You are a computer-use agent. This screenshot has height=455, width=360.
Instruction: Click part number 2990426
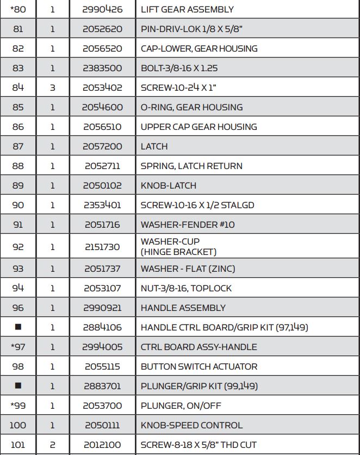(102, 9)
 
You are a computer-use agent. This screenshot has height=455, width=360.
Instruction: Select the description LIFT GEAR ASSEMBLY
(187, 9)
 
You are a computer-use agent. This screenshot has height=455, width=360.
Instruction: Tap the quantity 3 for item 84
(53, 88)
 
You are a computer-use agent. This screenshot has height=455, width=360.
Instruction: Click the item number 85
(18, 107)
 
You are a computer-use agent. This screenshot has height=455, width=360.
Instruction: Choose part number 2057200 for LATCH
(102, 146)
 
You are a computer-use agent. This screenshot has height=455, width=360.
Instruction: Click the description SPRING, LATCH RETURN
(191, 166)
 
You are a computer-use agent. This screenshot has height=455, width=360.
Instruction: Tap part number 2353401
(102, 205)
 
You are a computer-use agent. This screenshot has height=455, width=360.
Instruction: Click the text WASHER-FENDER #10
(188, 225)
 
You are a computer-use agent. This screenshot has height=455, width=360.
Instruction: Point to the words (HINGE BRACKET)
(178, 252)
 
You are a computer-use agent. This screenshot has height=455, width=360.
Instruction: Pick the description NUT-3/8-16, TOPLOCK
(186, 288)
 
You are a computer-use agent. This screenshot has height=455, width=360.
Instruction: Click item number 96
(18, 308)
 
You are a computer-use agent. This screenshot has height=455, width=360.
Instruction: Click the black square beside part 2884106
(18, 327)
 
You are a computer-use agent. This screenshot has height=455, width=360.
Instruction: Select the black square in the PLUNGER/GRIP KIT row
(18, 386)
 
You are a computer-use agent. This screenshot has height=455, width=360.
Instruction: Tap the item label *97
(18, 347)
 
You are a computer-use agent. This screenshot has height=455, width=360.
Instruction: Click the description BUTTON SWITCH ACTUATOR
(199, 366)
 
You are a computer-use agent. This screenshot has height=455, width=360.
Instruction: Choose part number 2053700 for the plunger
(102, 406)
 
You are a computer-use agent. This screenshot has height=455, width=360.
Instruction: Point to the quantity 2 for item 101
(53, 445)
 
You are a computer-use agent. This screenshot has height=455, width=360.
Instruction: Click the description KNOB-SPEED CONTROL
(191, 425)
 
